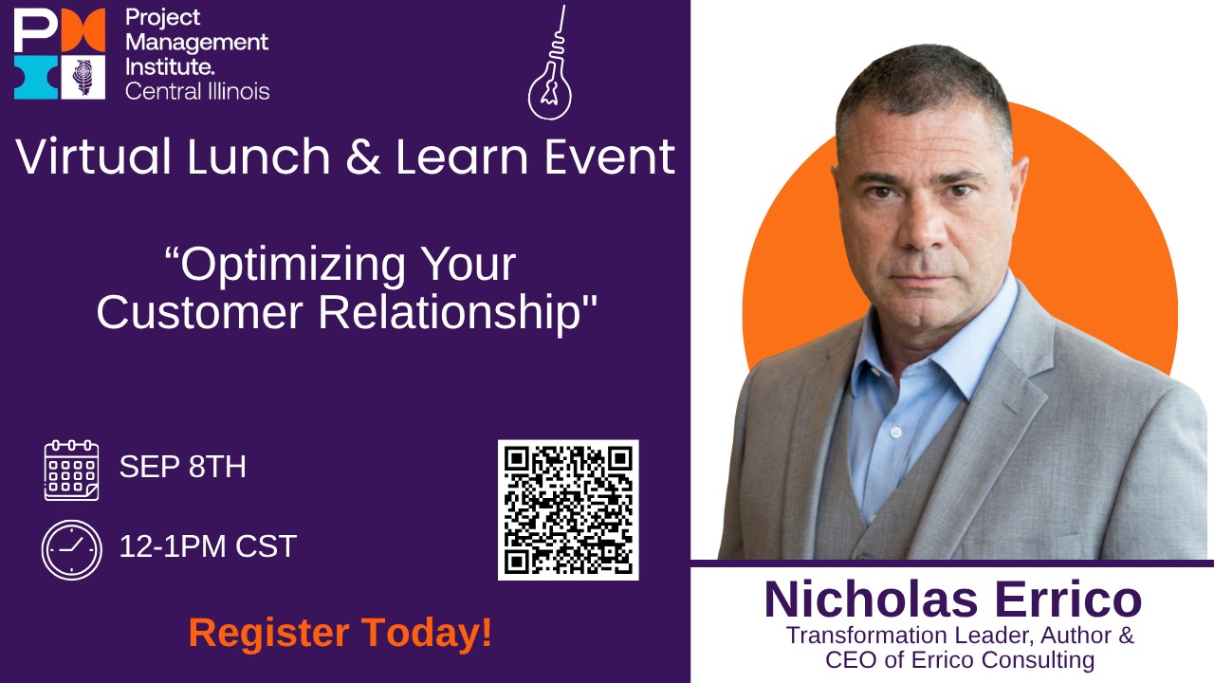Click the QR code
tap(568, 509)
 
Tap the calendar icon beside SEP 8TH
tap(71, 470)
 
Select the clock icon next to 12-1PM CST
tap(71, 549)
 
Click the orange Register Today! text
tap(340, 633)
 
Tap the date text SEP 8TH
tap(183, 466)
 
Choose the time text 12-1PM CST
tap(208, 545)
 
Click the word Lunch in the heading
tap(259, 157)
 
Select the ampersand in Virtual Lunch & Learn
tap(362, 157)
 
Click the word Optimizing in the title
tap(293, 265)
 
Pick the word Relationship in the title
tap(450, 313)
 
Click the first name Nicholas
tap(871, 599)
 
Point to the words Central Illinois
tap(197, 91)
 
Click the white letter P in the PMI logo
tap(35, 29)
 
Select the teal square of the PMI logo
tap(35, 77)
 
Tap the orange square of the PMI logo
tap(83, 29)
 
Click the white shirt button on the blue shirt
tap(896, 432)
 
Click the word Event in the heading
tap(610, 157)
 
